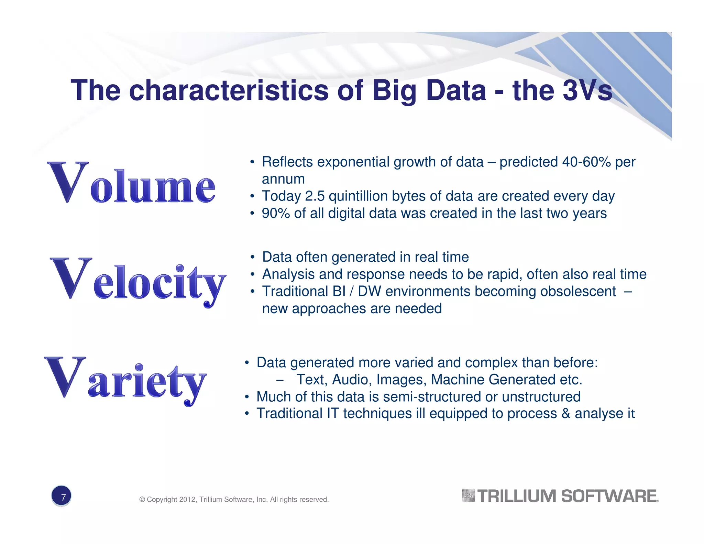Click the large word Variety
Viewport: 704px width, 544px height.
click(x=125, y=380)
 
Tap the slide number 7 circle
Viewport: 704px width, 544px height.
click(x=61, y=496)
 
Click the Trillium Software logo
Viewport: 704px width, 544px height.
click(x=560, y=496)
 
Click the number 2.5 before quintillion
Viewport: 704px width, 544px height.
click(x=315, y=196)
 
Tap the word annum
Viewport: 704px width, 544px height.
click(x=283, y=179)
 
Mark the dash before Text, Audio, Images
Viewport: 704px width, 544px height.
click(x=280, y=380)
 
